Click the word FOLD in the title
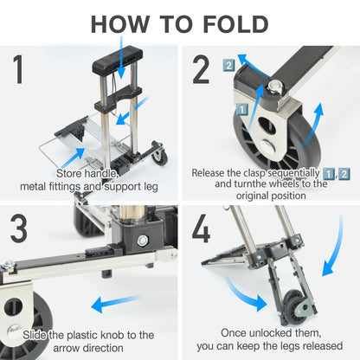pyautogui.click(x=235, y=24)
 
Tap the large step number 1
pyautogui.click(x=18, y=69)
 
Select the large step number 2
pyautogui.click(x=201, y=69)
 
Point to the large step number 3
pyautogui.click(x=19, y=228)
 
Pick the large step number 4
pyautogui.click(x=201, y=228)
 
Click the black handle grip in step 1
pyautogui.click(x=118, y=59)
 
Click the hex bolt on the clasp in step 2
pyautogui.click(x=274, y=87)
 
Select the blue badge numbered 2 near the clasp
pyautogui.click(x=228, y=66)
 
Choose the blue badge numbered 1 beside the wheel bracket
pyautogui.click(x=242, y=110)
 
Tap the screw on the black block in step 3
pyautogui.click(x=142, y=241)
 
